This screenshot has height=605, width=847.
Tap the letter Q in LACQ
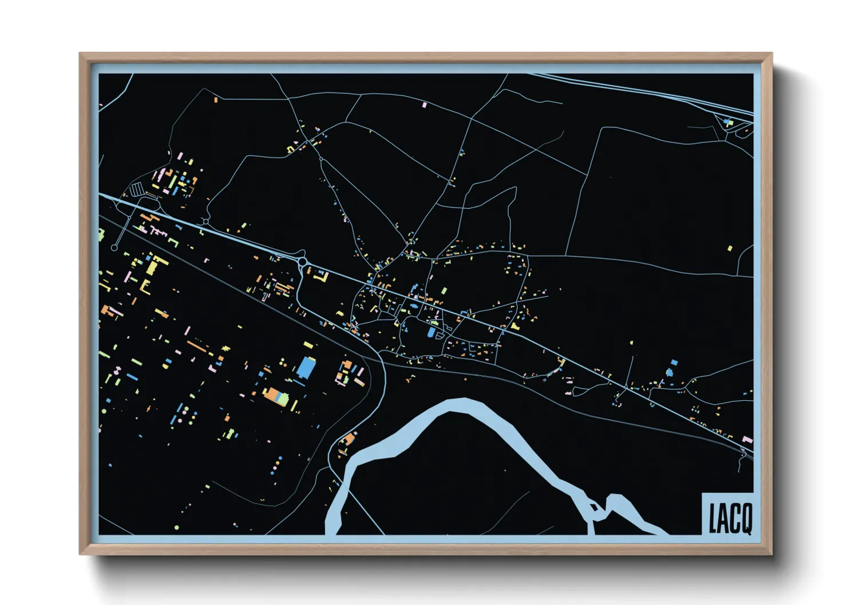point(745,519)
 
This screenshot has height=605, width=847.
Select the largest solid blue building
point(306,368)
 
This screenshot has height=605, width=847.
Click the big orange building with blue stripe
point(276,396)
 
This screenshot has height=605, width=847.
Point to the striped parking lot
point(137,189)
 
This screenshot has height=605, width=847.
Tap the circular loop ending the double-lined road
point(114,248)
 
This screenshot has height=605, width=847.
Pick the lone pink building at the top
point(424,105)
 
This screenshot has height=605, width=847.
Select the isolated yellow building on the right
point(730,248)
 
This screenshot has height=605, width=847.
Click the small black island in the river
point(593,506)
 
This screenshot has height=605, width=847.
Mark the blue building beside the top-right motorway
point(727,121)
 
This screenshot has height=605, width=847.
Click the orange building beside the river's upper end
point(348,440)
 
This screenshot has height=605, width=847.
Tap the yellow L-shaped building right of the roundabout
point(322,276)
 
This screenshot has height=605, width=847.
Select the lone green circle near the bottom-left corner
point(177,527)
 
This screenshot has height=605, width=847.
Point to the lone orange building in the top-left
point(216,100)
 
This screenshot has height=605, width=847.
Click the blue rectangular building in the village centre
point(432,332)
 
